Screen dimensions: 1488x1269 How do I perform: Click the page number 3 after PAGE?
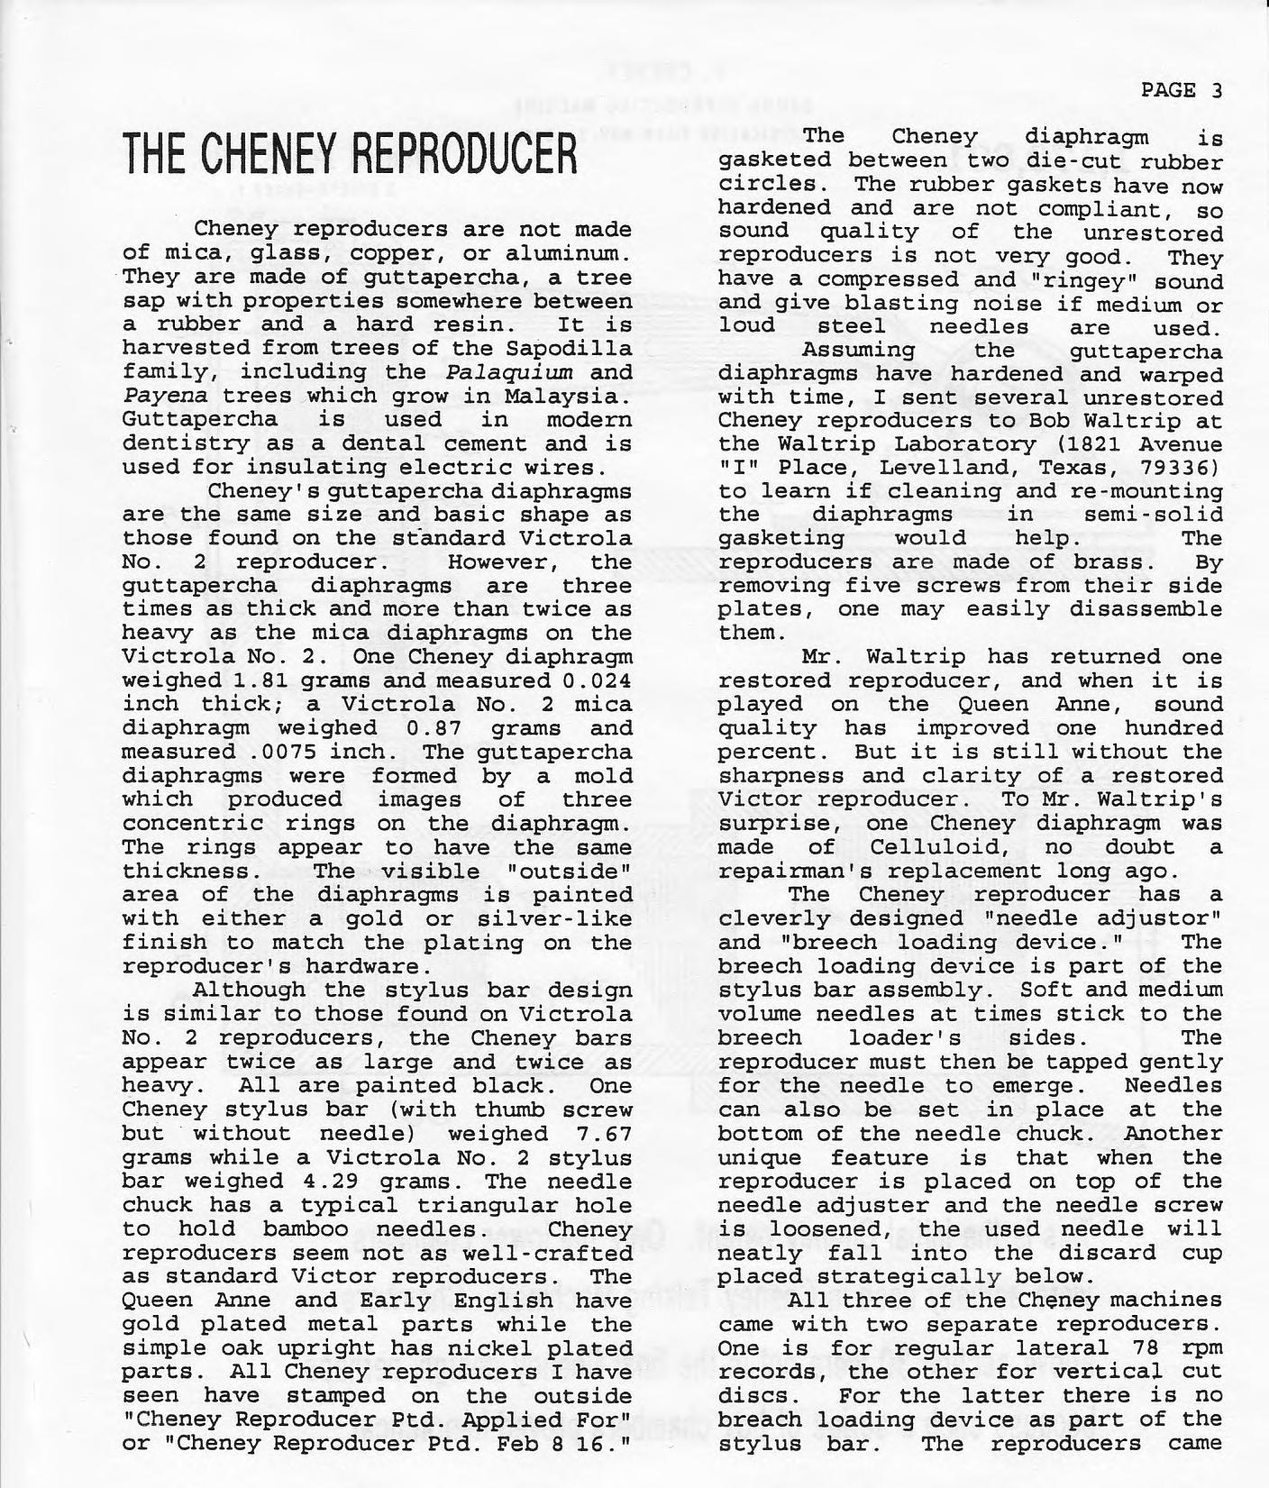click(x=1216, y=90)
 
